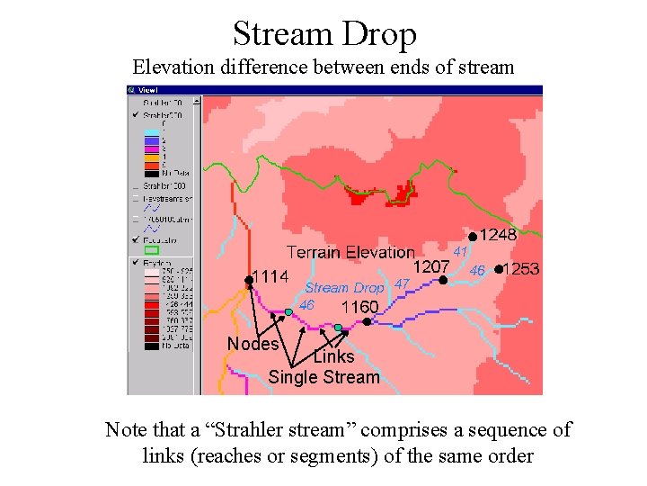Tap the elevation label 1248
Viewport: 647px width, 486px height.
[x=499, y=235]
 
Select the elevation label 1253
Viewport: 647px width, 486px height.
[x=521, y=269]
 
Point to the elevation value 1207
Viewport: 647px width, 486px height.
[x=431, y=266]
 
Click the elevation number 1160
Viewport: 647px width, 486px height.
[x=359, y=307]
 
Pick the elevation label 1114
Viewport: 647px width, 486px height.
[x=270, y=276]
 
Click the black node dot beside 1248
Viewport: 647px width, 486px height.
[x=474, y=236]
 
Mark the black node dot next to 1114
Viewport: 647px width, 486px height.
[x=249, y=281]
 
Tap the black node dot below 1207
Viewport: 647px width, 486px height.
[x=443, y=280]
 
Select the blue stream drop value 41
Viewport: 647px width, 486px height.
[x=461, y=251]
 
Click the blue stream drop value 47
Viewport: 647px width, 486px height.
[x=402, y=284]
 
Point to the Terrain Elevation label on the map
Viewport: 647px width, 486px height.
[x=350, y=253]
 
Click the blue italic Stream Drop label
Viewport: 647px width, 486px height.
[x=344, y=288]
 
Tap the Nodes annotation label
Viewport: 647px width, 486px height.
[x=253, y=344]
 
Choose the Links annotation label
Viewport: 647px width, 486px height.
[x=333, y=356]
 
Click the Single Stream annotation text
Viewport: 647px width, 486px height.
[x=323, y=377]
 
